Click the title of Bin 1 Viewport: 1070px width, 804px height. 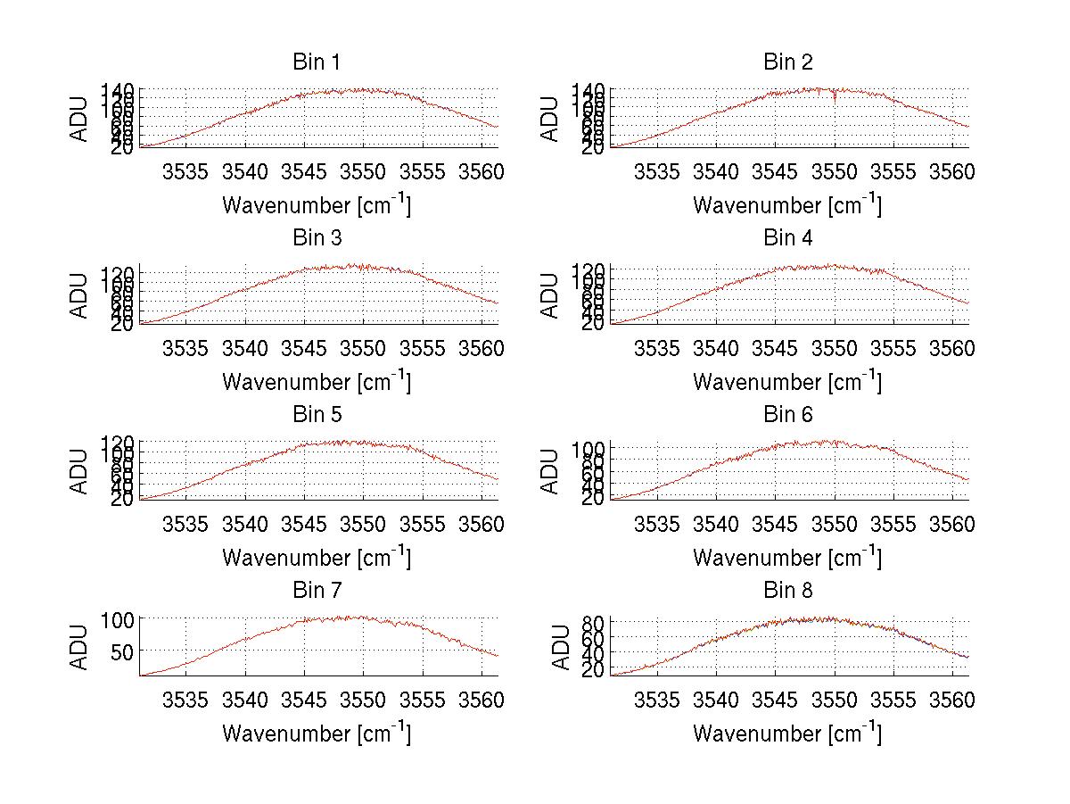point(317,62)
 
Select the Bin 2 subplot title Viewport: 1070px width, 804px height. point(788,62)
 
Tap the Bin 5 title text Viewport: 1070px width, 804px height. point(317,415)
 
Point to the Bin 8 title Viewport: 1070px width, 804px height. point(788,591)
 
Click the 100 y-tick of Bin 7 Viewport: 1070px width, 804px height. point(115,618)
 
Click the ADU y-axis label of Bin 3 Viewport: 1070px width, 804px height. point(80,294)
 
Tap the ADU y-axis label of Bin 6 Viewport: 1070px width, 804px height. point(551,470)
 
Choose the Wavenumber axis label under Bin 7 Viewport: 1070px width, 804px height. point(317,734)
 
